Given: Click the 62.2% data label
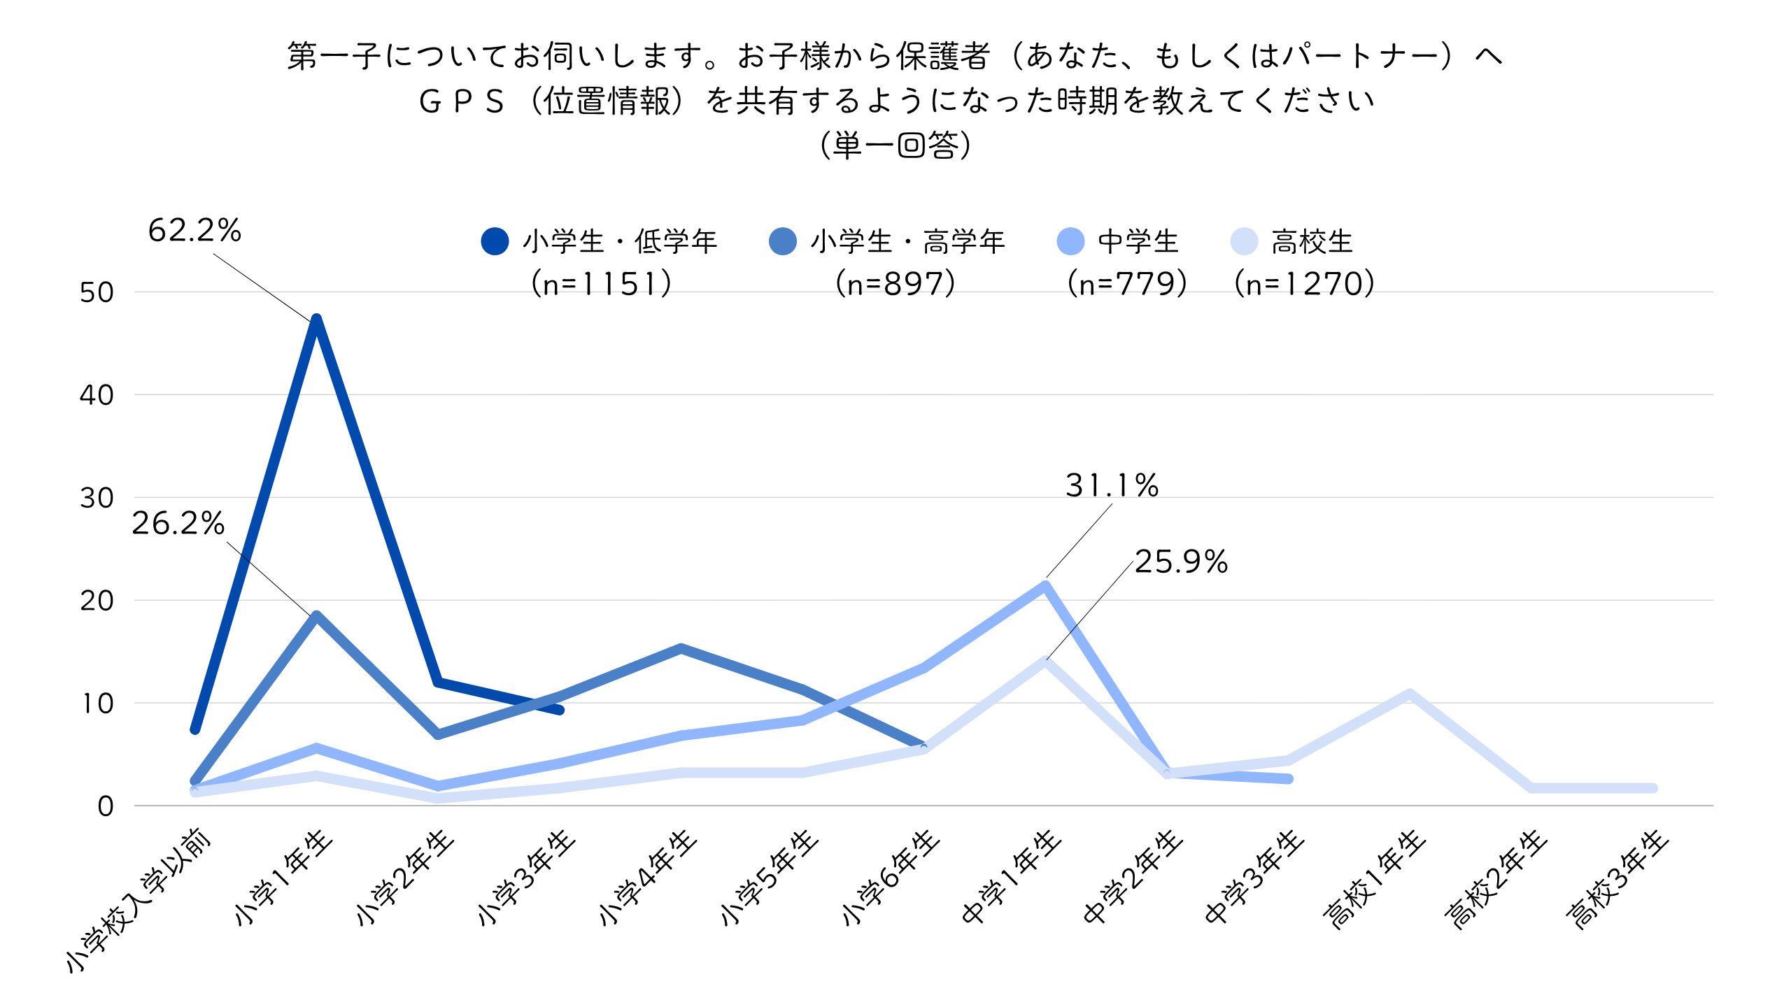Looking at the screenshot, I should coord(194,231).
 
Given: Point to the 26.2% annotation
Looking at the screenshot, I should coord(178,523).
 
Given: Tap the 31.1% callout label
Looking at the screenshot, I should coord(1112,485).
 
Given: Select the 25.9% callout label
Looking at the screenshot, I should coord(1181,562).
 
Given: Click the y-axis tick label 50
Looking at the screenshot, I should coord(97,292).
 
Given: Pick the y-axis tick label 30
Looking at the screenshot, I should coord(97,498).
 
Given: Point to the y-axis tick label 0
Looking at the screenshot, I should coord(105,806).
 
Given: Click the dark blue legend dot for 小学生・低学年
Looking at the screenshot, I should coord(495,241).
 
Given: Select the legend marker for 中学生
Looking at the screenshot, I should coord(1070,241).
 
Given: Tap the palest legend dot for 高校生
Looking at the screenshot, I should coord(1244,241).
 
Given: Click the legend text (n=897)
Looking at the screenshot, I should coord(895,284).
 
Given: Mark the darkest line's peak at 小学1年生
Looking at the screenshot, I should coord(316,320).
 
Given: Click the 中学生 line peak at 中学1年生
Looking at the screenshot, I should coord(1045,586).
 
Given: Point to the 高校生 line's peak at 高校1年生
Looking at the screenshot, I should coord(1409,694).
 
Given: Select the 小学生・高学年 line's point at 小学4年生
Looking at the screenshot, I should coord(681,648).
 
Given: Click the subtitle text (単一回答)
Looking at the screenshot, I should coord(895,145).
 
